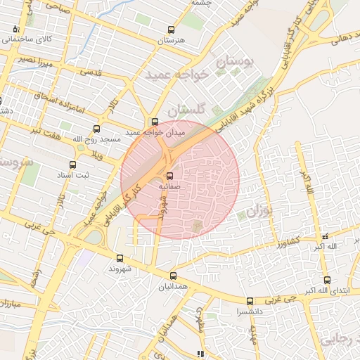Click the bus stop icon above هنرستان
coord(170,30)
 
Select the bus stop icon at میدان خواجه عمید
coord(155,122)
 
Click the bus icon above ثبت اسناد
coord(72,164)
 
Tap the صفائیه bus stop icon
coord(169,176)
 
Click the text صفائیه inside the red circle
coord(169,187)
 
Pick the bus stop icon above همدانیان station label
coord(173,276)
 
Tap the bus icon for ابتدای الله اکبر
coord(327,279)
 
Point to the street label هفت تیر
coord(44,131)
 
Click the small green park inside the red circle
coord(196,225)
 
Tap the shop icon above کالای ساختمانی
coord(16,29)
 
